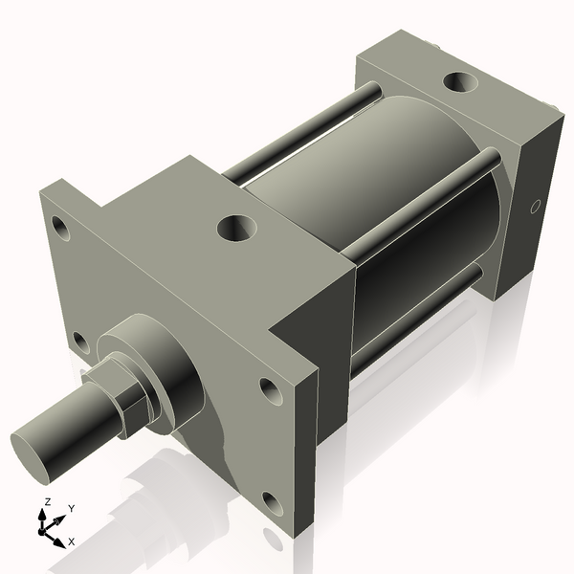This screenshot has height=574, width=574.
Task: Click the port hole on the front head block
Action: (x=236, y=228)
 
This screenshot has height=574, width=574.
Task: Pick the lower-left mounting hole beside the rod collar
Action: (x=80, y=341)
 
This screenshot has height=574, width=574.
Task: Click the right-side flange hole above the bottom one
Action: (x=269, y=389)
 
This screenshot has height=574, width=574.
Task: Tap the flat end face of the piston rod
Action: (x=33, y=452)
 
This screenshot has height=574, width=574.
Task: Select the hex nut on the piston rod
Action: (x=128, y=392)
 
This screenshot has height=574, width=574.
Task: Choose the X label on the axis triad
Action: (x=71, y=541)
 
